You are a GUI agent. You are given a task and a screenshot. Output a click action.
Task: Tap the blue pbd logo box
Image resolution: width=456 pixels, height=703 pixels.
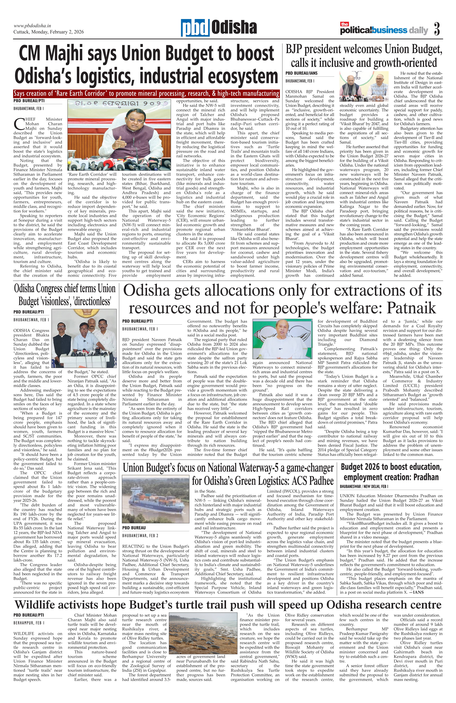pyautogui.click(x=195, y=28)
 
